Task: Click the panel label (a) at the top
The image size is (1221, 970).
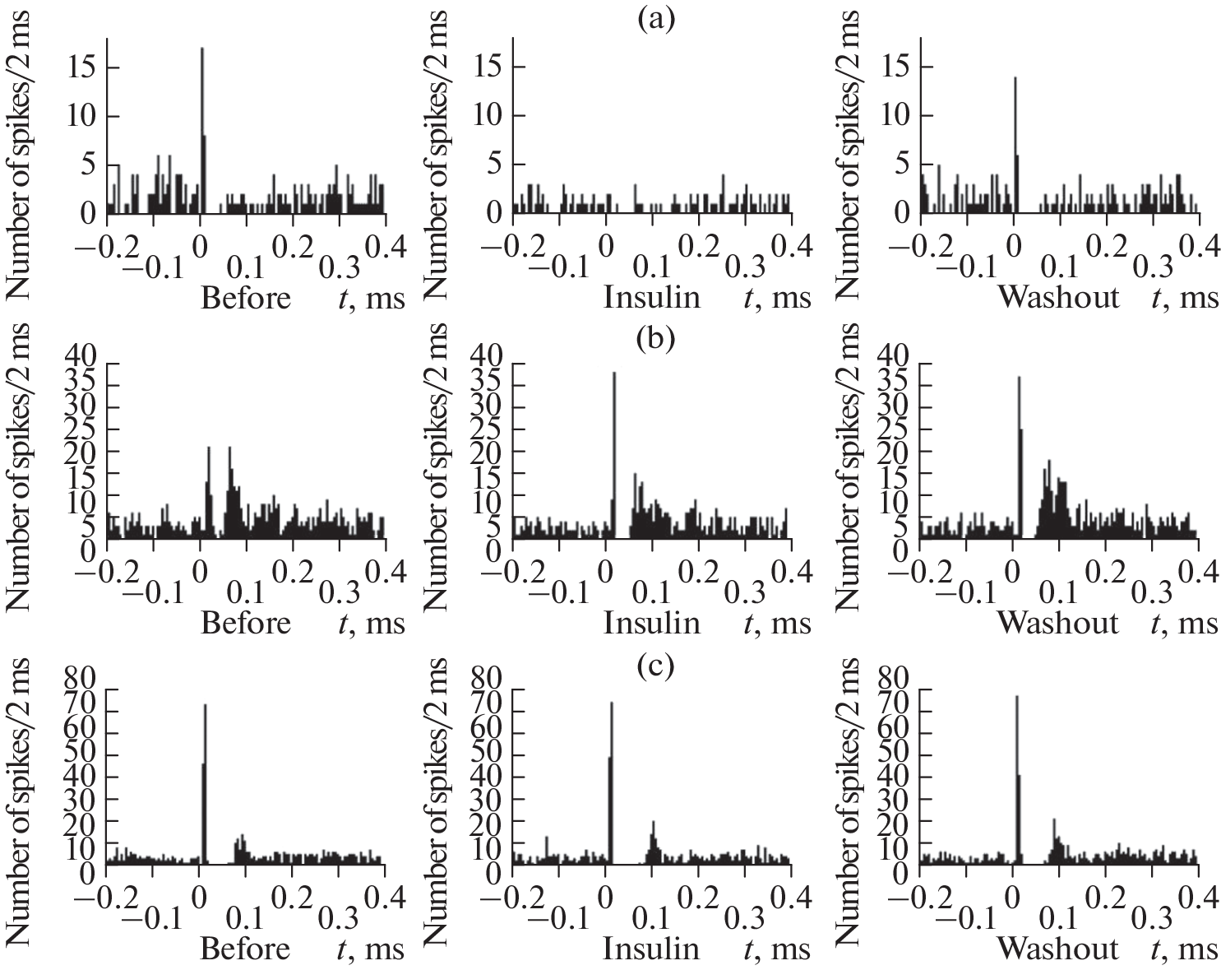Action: coord(655,17)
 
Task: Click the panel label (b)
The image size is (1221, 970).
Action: coord(655,338)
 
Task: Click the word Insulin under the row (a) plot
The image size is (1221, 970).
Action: coord(651,297)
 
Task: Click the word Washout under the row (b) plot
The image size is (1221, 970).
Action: coord(1058,623)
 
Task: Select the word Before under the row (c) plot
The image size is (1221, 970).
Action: coord(245,949)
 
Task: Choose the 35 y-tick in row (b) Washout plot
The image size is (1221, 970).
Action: coord(893,383)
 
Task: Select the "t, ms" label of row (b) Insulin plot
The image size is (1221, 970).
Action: coord(777,623)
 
